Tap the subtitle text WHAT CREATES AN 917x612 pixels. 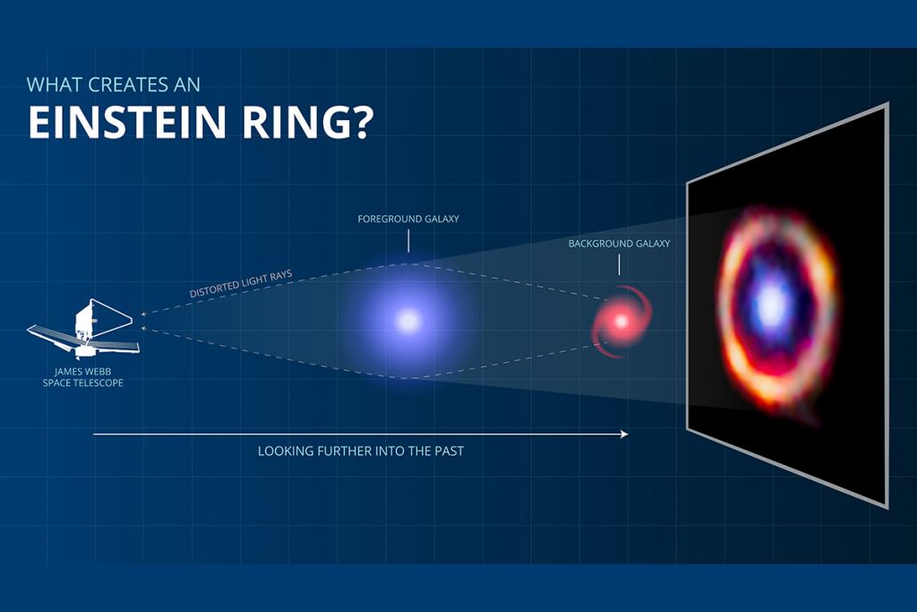click(114, 85)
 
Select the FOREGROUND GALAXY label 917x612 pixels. click(408, 219)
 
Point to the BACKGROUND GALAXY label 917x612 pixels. click(619, 243)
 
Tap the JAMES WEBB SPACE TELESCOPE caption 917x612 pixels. click(83, 376)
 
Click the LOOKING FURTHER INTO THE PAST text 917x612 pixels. click(361, 451)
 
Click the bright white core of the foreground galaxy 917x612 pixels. click(408, 320)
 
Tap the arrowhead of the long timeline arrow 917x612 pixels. click(623, 434)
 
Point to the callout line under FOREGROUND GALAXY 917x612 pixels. click(408, 240)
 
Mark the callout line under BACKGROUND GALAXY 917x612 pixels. click(619, 263)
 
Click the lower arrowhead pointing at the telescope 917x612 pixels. click(144, 329)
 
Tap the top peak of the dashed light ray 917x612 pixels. click(408, 263)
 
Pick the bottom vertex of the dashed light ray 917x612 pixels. click(408, 378)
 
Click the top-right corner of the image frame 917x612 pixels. click(887, 104)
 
